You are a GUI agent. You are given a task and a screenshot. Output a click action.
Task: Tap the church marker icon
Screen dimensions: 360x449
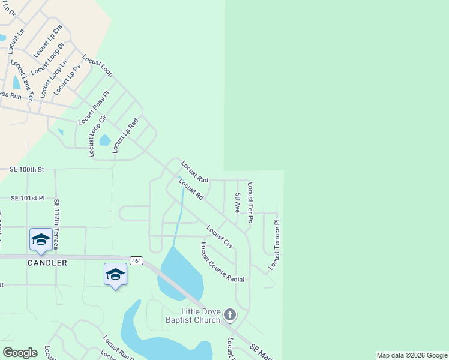pos(229,315)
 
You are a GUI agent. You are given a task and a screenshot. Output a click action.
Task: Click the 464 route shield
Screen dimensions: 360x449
pos(136,260)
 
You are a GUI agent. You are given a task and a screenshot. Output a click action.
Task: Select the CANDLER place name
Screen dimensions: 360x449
pos(46,263)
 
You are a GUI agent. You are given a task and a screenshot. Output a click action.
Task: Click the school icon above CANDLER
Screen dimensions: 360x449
pos(40,239)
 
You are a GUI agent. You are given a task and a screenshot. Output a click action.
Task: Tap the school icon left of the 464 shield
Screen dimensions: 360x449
pos(115,274)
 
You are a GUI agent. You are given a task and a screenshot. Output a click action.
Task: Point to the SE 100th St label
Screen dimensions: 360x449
pos(27,170)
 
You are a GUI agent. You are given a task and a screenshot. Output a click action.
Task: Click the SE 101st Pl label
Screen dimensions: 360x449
pos(28,197)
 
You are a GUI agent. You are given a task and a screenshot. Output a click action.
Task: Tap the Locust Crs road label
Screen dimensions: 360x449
pos(219,236)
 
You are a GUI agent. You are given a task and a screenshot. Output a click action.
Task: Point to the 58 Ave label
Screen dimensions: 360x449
pos(238,204)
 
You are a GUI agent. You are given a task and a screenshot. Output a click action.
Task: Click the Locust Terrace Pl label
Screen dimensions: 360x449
pos(275,244)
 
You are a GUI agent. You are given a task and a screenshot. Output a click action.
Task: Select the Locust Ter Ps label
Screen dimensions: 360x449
pos(250,203)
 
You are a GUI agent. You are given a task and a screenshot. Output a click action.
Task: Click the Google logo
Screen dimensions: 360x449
pos(20,353)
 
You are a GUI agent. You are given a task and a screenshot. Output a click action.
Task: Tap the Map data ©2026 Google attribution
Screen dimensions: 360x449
pos(412,355)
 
